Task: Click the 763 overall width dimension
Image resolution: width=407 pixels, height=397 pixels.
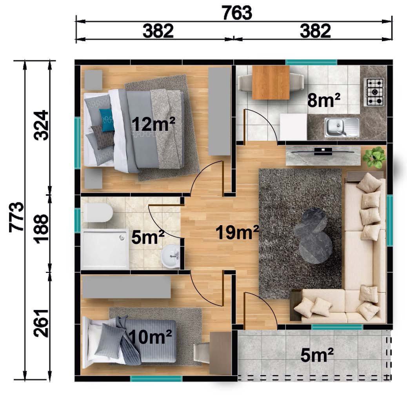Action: pyautogui.click(x=237, y=13)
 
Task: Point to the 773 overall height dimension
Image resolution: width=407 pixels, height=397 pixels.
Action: pyautogui.click(x=16, y=217)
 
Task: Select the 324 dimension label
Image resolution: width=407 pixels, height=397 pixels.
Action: pyautogui.click(x=41, y=125)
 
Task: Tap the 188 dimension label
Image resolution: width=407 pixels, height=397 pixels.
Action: pyautogui.click(x=41, y=229)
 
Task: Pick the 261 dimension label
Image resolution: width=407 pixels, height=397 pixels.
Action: pyautogui.click(x=41, y=323)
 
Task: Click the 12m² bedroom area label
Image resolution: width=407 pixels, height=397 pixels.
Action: pyautogui.click(x=154, y=124)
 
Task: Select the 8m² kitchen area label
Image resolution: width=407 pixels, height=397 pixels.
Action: pyautogui.click(x=324, y=100)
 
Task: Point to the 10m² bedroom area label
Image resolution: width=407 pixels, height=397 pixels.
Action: pyautogui.click(x=150, y=337)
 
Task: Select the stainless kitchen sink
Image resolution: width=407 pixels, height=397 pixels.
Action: pyautogui.click(x=342, y=127)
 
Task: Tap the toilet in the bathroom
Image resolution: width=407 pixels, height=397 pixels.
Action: pyautogui.click(x=98, y=212)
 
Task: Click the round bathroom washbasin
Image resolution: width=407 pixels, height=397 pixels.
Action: pyautogui.click(x=170, y=256)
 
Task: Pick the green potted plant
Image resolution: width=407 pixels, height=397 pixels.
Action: pyautogui.click(x=374, y=157)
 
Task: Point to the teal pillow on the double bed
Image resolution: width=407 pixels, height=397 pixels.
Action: pyautogui.click(x=107, y=120)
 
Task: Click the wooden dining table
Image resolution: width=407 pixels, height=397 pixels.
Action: pyautogui.click(x=271, y=82)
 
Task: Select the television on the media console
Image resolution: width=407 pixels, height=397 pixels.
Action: pyautogui.click(x=323, y=151)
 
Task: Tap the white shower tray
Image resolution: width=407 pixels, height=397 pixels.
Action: pyautogui.click(x=105, y=249)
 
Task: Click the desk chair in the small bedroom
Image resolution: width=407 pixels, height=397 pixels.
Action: pyautogui.click(x=202, y=353)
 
